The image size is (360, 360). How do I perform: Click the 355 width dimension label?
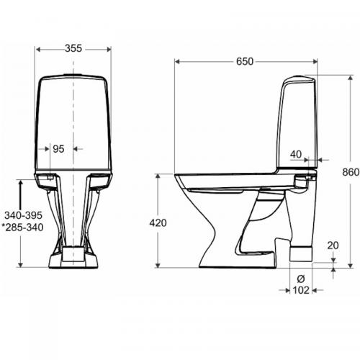(x=73, y=48)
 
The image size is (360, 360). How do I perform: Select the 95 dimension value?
(x=59, y=149)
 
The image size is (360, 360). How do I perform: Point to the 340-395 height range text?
(x=22, y=217)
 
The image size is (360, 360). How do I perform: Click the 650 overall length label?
(x=245, y=62)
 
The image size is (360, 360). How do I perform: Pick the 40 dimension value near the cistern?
(x=297, y=153)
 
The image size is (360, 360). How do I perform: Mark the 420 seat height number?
(x=158, y=223)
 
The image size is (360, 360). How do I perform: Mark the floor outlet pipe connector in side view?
(x=300, y=253)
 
